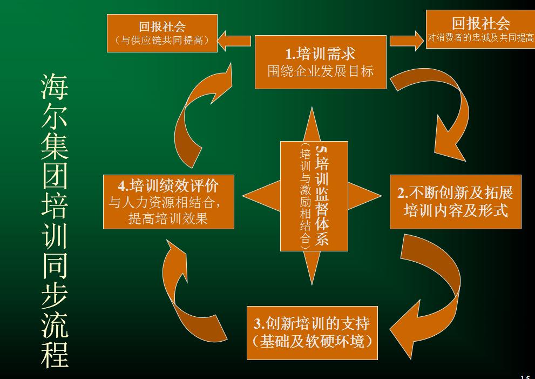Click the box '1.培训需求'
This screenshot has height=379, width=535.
[321, 62]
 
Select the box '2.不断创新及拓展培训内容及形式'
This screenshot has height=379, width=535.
[456, 201]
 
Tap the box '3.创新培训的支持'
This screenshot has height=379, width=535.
[312, 333]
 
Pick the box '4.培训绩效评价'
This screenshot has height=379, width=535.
[168, 201]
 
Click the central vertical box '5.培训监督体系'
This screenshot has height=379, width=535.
[314, 196]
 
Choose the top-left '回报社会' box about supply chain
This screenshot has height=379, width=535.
[162, 32]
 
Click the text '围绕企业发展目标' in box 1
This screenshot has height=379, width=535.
[321, 71]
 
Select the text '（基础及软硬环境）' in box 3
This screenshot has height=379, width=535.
[312, 342]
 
